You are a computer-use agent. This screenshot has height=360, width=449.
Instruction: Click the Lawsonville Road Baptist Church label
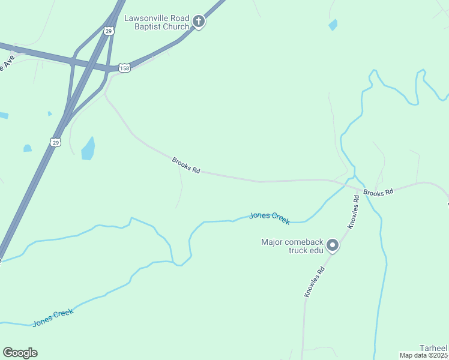pyautogui.click(x=156, y=22)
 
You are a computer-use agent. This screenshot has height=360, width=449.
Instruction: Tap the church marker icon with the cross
pyautogui.click(x=199, y=22)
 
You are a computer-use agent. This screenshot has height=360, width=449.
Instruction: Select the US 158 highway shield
pyautogui.click(x=124, y=68)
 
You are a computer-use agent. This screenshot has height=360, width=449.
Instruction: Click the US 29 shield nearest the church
pyautogui.click(x=109, y=31)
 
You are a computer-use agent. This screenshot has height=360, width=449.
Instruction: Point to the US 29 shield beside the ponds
pyautogui.click(x=55, y=142)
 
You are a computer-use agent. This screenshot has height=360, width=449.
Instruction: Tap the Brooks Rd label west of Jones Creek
pyautogui.click(x=185, y=166)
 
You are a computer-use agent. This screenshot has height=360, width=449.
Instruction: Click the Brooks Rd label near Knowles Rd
pyautogui.click(x=378, y=193)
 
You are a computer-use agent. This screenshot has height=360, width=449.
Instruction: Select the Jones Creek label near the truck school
pyautogui.click(x=270, y=217)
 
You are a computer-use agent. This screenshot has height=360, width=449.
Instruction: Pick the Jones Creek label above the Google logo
pyautogui.click(x=53, y=317)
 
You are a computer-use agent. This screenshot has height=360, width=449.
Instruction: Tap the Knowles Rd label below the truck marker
pyautogui.click(x=314, y=281)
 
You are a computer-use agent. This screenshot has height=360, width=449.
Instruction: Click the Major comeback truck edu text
pyautogui.click(x=292, y=246)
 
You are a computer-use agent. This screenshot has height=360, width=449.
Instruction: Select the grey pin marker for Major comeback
pyautogui.click(x=333, y=245)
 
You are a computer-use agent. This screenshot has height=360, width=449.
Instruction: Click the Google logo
pyautogui.click(x=20, y=353)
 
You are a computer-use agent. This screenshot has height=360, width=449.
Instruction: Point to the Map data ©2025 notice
pyautogui.click(x=423, y=355)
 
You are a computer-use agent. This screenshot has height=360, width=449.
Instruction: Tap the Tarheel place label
pyautogui.click(x=433, y=348)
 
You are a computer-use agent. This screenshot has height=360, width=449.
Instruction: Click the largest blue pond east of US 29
pyautogui.click(x=88, y=149)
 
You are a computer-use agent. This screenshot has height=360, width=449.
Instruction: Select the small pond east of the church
pyautogui.click(x=333, y=25)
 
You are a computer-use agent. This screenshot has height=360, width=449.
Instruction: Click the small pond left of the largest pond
pyautogui.click(x=27, y=148)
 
